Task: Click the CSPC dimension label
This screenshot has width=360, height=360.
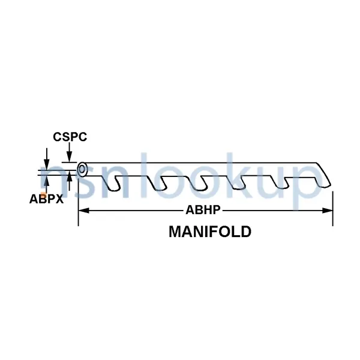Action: click(70, 137)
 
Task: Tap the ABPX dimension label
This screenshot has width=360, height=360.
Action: click(46, 199)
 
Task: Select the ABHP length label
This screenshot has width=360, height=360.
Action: click(203, 209)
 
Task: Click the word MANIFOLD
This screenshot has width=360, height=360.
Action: click(210, 232)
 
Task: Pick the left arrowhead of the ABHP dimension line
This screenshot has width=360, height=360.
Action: click(83, 211)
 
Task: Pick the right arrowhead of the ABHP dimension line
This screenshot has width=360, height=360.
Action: click(328, 211)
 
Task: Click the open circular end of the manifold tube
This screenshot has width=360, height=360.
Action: click(82, 170)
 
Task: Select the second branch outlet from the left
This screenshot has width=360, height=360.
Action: click(158, 184)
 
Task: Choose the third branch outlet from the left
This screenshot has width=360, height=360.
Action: click(199, 184)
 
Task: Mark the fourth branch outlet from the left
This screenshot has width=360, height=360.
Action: click(237, 183)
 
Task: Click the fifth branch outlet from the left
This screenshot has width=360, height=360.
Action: click(280, 182)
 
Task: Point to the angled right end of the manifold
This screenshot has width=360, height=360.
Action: click(323, 175)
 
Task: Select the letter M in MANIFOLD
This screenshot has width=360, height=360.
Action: click(175, 232)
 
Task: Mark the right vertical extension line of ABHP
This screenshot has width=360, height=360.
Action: click(333, 208)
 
